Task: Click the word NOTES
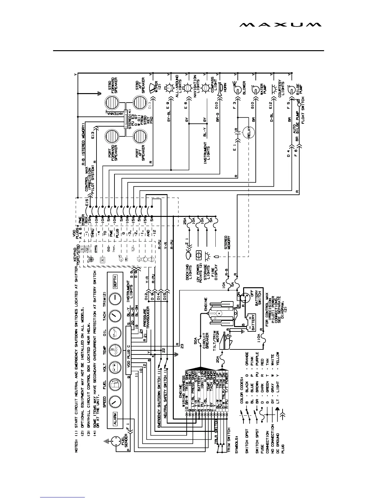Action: (77, 446)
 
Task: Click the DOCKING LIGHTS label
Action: (189, 272)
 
